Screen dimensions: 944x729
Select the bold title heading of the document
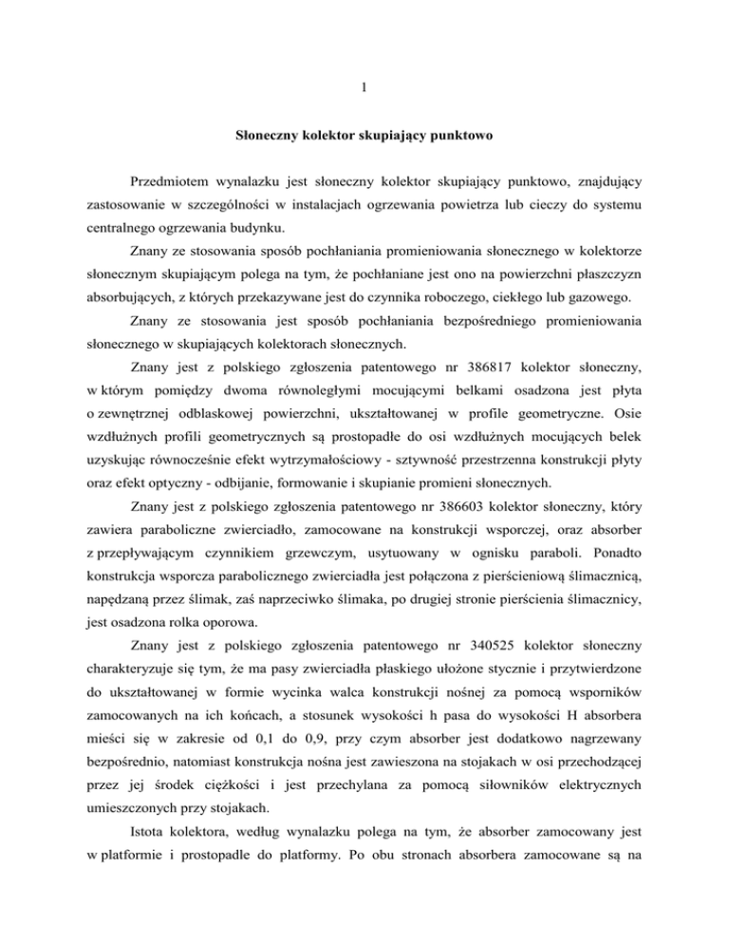(x=364, y=136)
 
